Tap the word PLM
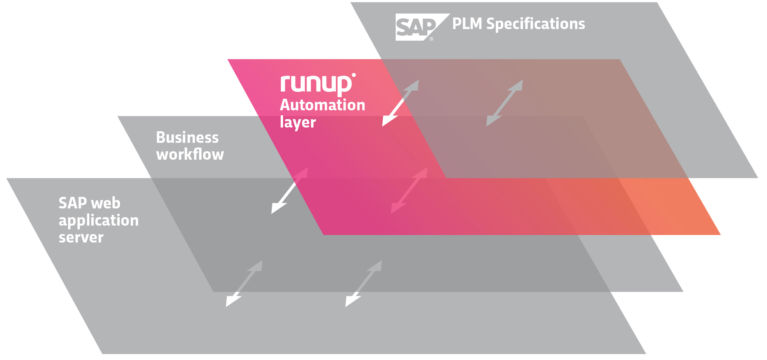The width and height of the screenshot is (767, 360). pyautogui.click(x=467, y=24)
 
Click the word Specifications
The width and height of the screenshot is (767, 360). pyautogui.click(x=535, y=24)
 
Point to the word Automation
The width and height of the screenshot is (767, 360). pyautogui.click(x=322, y=105)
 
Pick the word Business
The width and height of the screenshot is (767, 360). pyautogui.click(x=187, y=137)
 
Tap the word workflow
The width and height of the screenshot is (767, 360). pyautogui.click(x=190, y=154)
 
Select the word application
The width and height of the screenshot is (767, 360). pyautogui.click(x=98, y=221)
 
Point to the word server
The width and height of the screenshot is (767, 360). pyautogui.click(x=81, y=237)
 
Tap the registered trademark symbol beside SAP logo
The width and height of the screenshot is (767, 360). pyautogui.click(x=431, y=39)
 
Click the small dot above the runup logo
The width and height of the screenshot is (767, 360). pyautogui.click(x=354, y=75)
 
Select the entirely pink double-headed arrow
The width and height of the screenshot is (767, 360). pyautogui.click(x=409, y=191)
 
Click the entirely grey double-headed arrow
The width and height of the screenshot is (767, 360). pyautogui.click(x=504, y=103)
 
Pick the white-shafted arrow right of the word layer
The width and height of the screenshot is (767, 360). pyautogui.click(x=401, y=103)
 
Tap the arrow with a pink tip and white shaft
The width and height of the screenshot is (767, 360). pyautogui.click(x=290, y=191)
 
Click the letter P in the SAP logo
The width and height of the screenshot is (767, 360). pyautogui.click(x=427, y=27)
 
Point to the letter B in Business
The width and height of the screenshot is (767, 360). pyautogui.click(x=161, y=137)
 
